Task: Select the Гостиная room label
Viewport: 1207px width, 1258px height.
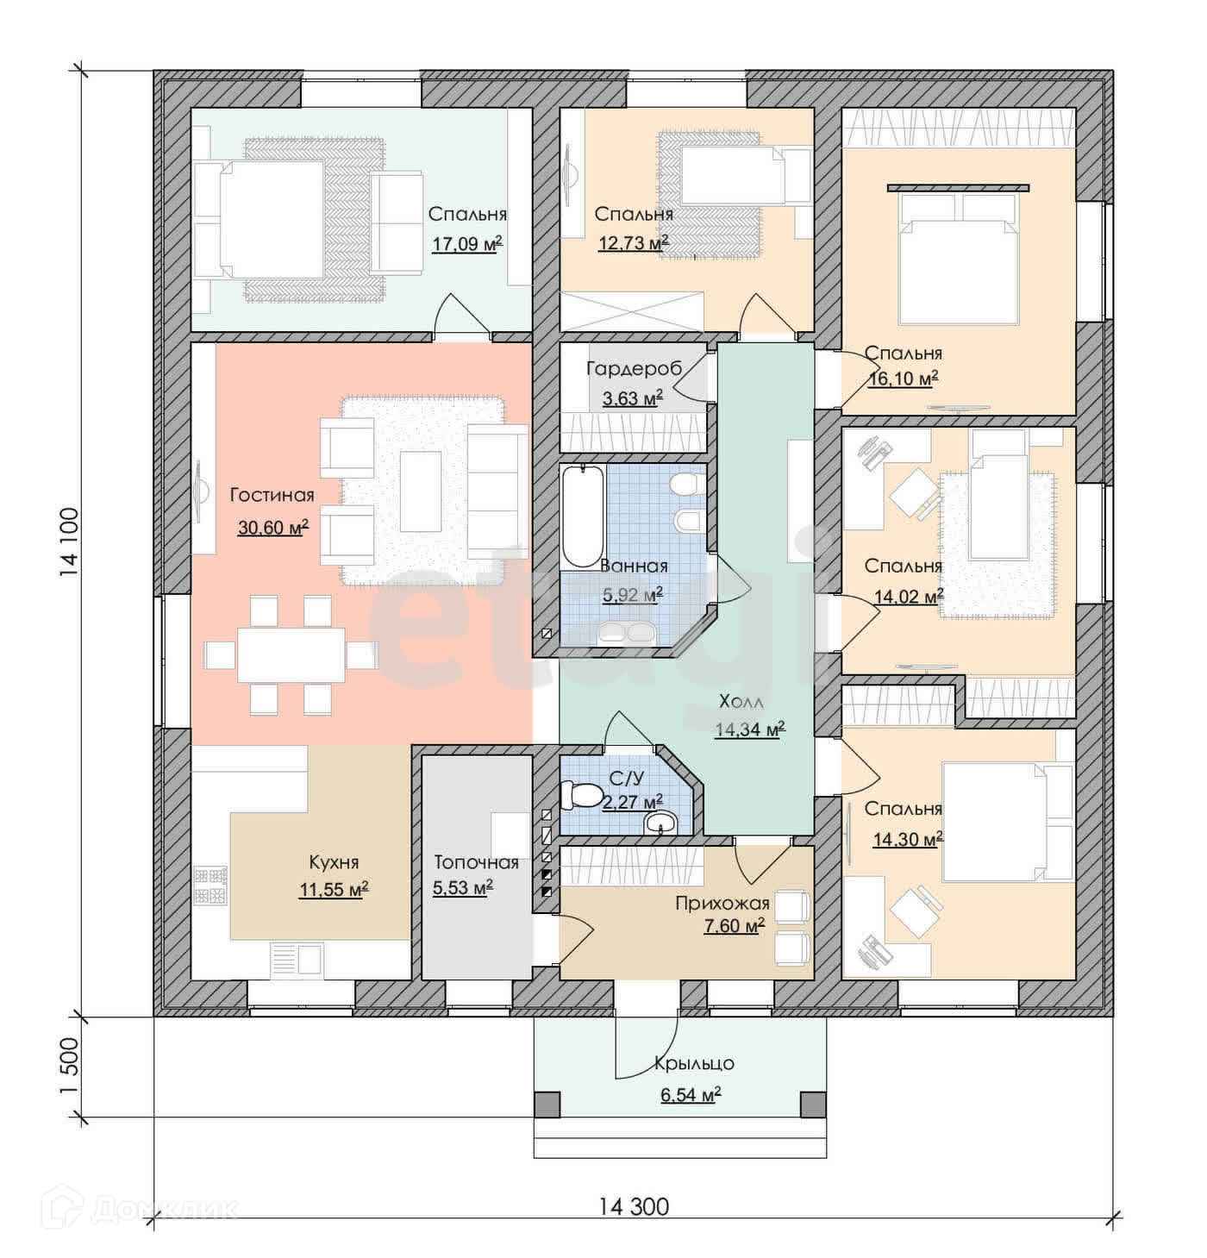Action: click(272, 495)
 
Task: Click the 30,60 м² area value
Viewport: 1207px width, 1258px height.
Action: click(272, 528)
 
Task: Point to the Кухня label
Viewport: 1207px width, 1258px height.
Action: click(334, 862)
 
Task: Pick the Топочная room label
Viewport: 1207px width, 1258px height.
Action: click(476, 862)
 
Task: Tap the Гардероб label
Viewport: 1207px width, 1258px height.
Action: click(635, 369)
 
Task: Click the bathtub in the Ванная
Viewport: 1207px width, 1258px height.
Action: click(582, 516)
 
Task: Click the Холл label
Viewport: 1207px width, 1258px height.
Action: click(741, 701)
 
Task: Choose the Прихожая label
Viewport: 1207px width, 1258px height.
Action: click(722, 903)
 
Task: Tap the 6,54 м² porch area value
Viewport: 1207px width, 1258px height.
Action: click(691, 1095)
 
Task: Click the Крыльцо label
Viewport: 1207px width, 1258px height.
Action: click(694, 1063)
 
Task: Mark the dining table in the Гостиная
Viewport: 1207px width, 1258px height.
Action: click(291, 655)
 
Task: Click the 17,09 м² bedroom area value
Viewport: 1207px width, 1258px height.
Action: click(466, 244)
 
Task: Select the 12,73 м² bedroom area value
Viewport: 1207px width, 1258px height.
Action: click(634, 243)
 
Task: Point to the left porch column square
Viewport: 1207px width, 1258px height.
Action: click(547, 1105)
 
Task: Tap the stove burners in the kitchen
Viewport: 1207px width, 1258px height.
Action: click(210, 886)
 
